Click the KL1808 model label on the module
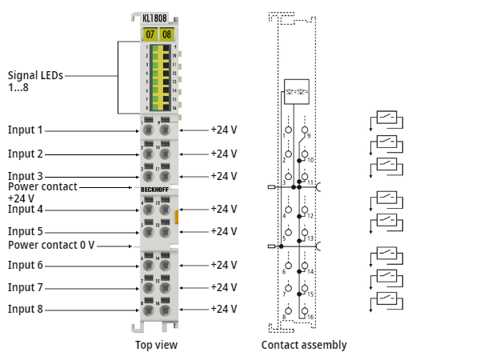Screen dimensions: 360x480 tap(157, 18)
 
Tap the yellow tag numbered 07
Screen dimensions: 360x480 tap(149, 34)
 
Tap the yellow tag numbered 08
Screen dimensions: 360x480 tap(166, 34)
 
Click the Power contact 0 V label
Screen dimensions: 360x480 tap(51, 245)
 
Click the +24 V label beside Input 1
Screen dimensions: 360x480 tap(223, 130)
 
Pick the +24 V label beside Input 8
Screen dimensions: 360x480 tap(223, 309)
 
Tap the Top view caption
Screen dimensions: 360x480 tap(156, 345)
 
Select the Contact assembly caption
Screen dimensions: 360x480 tap(304, 345)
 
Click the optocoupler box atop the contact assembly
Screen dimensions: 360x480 tap(296, 90)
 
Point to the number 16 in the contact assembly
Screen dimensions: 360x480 tap(310, 317)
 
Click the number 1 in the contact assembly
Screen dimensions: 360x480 tap(284, 136)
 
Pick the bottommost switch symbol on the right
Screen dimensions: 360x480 tap(387, 301)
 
